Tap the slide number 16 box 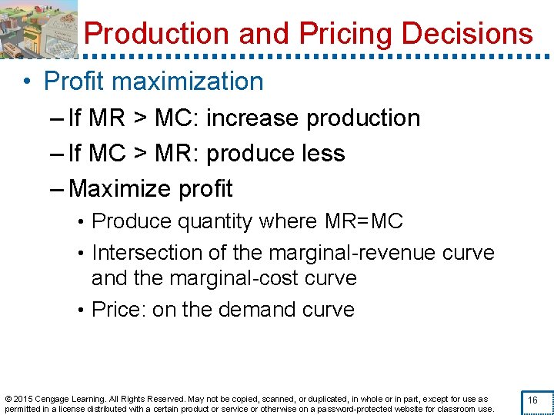point(532,400)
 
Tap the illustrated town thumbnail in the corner point(38,29)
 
